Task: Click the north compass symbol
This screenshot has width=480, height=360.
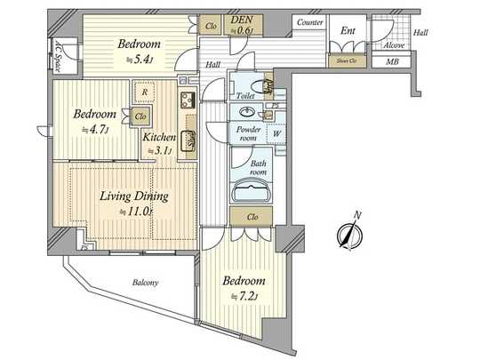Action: [x=348, y=232]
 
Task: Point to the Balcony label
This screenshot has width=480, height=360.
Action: [x=145, y=283]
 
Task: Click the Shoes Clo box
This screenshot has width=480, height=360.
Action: [x=346, y=61]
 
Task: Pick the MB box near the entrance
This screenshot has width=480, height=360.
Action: [x=392, y=61]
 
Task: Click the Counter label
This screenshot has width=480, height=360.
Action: [x=310, y=21]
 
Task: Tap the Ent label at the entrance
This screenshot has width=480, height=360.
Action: [x=348, y=31]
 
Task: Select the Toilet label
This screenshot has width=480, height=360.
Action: [x=246, y=95]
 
